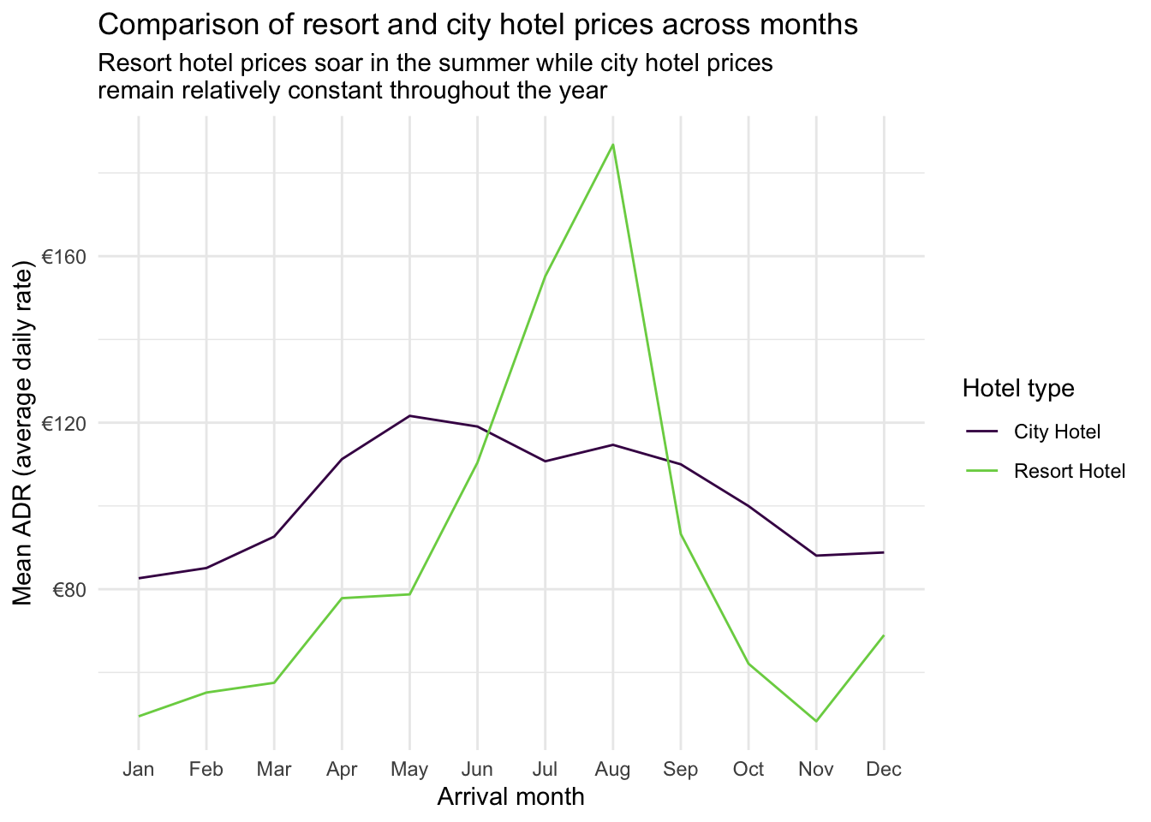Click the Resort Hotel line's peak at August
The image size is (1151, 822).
click(613, 145)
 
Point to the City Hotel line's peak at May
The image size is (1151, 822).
click(409, 416)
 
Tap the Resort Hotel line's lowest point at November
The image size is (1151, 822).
click(816, 722)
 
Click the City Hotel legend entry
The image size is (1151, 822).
click(1057, 432)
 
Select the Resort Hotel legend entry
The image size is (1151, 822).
click(1069, 471)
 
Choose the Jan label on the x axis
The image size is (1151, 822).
click(139, 769)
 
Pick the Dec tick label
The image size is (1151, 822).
click(884, 769)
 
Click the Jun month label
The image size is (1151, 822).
click(477, 769)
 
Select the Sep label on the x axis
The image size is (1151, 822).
click(681, 769)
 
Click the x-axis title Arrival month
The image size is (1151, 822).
click(510, 797)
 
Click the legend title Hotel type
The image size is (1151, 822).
click(1018, 388)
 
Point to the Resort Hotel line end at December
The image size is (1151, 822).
click(884, 635)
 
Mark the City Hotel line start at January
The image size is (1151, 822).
click(139, 578)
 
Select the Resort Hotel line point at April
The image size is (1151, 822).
click(342, 598)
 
